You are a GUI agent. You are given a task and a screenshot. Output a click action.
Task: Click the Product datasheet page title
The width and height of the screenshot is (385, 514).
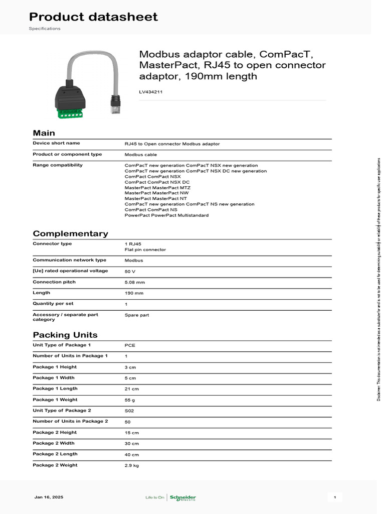[93, 17]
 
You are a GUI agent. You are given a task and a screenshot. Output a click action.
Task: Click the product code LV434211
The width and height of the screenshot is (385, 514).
[150, 92]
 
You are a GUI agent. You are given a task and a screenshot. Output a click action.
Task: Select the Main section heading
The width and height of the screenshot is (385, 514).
[44, 133]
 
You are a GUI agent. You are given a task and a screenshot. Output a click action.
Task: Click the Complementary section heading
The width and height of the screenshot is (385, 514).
[70, 233]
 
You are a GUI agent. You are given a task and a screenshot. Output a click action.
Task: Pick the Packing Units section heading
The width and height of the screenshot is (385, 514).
[65, 335]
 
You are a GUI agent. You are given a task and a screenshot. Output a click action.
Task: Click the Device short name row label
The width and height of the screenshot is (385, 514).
[56, 144]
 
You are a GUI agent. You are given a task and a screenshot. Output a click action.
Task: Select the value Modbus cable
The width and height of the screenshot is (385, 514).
[140, 155]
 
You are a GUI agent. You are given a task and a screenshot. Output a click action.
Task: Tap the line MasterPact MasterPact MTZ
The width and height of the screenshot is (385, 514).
[157, 188]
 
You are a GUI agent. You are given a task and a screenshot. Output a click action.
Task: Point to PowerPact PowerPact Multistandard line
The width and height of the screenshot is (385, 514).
[166, 215]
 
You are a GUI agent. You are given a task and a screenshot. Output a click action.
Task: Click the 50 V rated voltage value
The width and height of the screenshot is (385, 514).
[130, 272]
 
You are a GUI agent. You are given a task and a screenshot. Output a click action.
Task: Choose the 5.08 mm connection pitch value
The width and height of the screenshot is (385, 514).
[134, 283]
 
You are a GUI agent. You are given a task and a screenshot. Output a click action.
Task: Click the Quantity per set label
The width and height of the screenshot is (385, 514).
[53, 304]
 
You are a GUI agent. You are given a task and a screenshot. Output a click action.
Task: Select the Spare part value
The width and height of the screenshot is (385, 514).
[136, 315]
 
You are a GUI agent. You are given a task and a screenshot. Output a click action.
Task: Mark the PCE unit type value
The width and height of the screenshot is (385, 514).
[130, 345]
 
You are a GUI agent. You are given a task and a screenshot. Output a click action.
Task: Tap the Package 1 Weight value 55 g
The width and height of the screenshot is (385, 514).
[130, 400]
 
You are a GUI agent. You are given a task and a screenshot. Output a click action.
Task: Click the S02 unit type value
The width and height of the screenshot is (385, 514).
[129, 411]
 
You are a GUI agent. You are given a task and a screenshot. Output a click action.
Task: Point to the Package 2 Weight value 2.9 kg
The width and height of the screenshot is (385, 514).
[131, 466]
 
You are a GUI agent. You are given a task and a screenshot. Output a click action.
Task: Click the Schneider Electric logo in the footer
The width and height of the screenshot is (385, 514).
[182, 497]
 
